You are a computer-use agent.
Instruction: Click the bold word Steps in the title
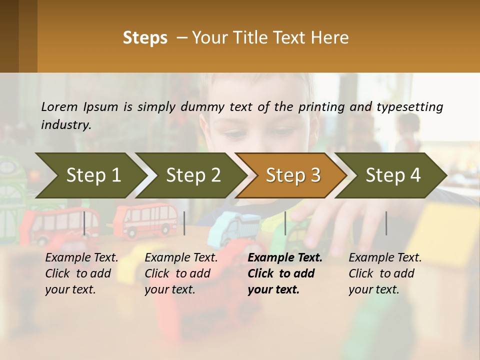point(145,38)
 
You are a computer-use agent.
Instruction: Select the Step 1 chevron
point(90,175)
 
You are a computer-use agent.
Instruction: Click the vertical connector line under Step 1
point(84,223)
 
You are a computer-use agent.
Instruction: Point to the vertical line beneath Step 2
point(184,223)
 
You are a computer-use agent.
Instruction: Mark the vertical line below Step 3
point(285,223)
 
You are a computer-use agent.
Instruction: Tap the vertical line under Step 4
point(386,223)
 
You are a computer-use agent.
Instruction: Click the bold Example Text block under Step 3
point(284,273)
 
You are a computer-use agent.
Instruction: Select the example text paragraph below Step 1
point(81,273)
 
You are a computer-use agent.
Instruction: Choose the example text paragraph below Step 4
point(385,273)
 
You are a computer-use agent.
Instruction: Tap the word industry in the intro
point(65,125)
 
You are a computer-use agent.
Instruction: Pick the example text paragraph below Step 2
point(181,273)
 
